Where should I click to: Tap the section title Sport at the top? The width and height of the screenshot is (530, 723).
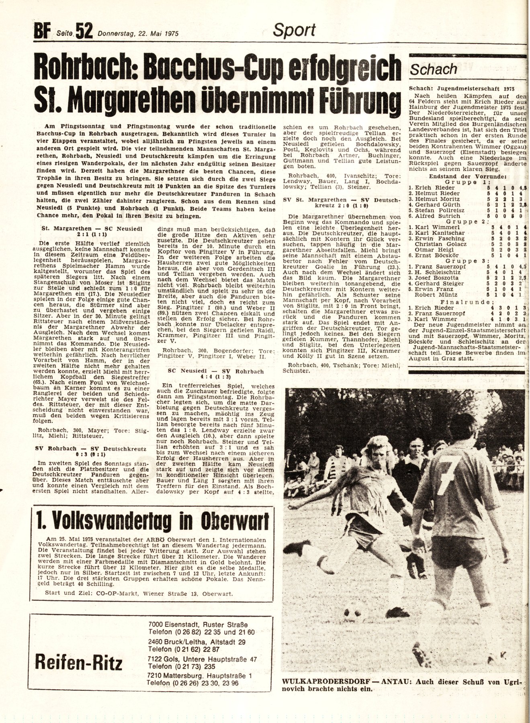(294, 30)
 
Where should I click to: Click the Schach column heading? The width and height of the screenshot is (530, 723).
(434, 69)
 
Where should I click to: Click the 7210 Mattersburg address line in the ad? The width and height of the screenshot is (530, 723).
(199, 676)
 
